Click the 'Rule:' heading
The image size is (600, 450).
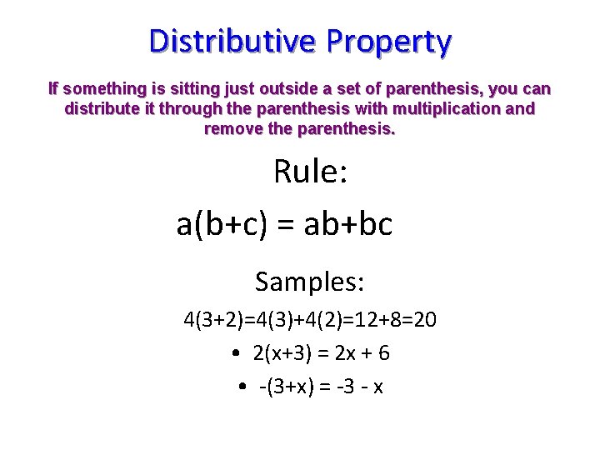pos(310,172)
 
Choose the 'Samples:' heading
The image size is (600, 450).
pos(310,282)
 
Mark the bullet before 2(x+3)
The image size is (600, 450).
pos(237,353)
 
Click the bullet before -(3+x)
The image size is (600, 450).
pos(241,387)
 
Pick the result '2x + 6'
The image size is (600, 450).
pos(362,353)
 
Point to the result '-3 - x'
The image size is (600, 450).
pos(355,387)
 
